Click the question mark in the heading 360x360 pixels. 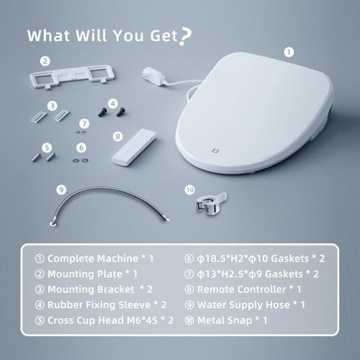tap(186, 36)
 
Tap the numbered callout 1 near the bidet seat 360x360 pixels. tap(289, 52)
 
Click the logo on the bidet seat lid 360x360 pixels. tap(215, 150)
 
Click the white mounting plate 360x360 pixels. tap(71, 76)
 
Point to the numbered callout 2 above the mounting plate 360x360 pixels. tap(45, 61)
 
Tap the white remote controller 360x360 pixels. tap(134, 147)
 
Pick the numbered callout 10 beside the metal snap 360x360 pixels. tap(189, 190)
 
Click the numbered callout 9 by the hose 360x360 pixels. tap(61, 190)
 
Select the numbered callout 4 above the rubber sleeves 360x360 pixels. tap(113, 104)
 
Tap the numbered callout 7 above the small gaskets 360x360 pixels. tap(84, 124)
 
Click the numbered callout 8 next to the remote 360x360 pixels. tap(117, 136)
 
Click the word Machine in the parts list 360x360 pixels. tap(118, 258)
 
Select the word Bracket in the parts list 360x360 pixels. tap(114, 289)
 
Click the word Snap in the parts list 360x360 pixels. tap(240, 320)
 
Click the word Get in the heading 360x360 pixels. tap(164, 36)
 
